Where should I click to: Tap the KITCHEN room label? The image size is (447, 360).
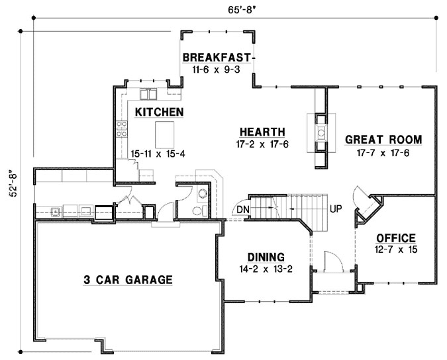click(159, 112)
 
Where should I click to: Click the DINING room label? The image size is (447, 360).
click(266, 257)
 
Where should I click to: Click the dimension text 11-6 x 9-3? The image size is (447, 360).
click(217, 68)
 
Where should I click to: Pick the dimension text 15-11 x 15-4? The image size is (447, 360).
click(158, 154)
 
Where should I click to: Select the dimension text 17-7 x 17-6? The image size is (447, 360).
click(383, 152)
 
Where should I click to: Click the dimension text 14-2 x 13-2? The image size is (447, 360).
click(266, 269)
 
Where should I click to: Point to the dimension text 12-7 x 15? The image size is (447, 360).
click(395, 250)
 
